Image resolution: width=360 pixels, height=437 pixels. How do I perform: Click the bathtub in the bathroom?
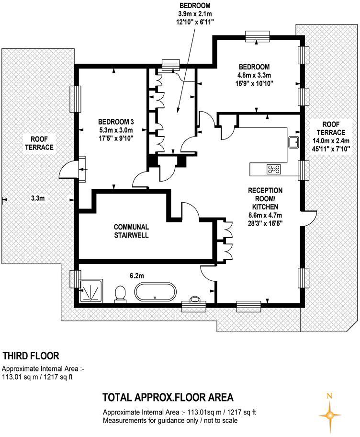click(155, 292)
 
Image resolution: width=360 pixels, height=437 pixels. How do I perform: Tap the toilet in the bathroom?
click(120, 293)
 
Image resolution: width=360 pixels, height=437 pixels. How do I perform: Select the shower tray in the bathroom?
click(91, 291)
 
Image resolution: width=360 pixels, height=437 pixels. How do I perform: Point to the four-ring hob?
click(274, 169)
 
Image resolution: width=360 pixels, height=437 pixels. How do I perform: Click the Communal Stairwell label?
click(131, 231)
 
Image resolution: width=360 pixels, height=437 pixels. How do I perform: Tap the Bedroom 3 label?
click(116, 122)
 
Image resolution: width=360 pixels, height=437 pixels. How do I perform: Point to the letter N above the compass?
click(330, 395)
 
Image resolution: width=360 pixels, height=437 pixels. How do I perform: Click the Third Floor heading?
click(31, 356)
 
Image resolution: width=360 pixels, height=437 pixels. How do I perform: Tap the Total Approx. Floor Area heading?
click(168, 397)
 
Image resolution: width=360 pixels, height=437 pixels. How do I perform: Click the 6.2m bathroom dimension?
click(137, 276)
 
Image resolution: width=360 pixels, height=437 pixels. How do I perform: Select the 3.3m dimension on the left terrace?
click(38, 198)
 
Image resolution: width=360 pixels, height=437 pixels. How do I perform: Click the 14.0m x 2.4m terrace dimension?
click(331, 141)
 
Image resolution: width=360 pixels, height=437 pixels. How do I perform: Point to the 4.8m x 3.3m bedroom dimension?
click(254, 75)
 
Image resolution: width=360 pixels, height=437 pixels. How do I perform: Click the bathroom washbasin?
click(194, 299)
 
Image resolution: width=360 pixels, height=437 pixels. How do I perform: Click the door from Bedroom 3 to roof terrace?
click(67, 170)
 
